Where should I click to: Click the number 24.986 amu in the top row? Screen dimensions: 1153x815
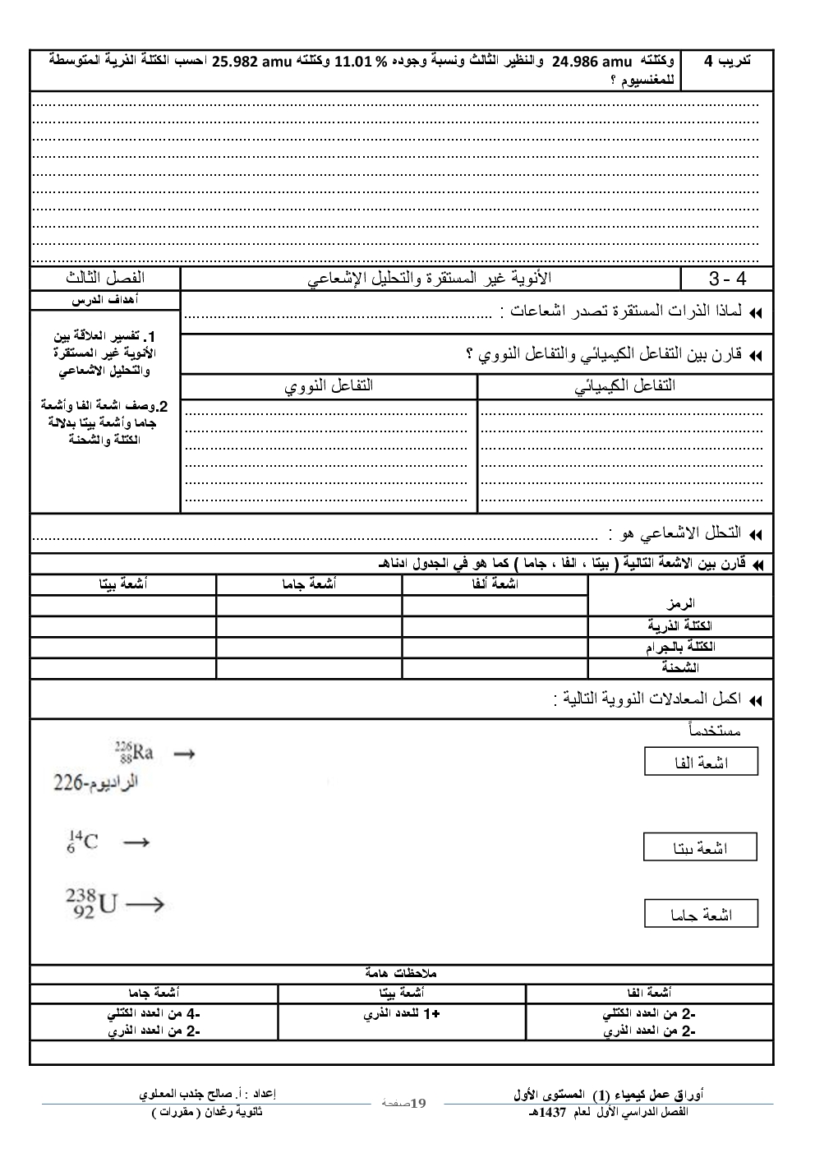tap(592, 62)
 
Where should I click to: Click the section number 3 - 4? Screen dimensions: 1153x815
tap(727, 279)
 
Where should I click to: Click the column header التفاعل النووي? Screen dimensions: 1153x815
tap(329, 385)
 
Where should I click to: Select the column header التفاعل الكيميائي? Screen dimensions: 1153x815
tap(624, 385)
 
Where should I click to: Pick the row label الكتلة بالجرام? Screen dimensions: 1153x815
tap(681, 647)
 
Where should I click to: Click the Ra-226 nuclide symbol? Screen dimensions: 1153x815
tap(134, 752)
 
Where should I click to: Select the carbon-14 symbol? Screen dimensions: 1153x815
tap(82, 842)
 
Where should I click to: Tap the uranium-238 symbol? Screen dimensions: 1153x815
tap(93, 904)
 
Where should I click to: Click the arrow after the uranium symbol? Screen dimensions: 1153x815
tap(145, 905)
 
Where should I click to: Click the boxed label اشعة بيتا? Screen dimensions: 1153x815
tap(701, 847)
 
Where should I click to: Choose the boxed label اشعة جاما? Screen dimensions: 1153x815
tap(701, 914)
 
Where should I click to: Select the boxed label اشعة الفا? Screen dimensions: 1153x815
tap(701, 763)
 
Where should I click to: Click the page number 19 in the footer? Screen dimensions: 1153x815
tap(417, 1102)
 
